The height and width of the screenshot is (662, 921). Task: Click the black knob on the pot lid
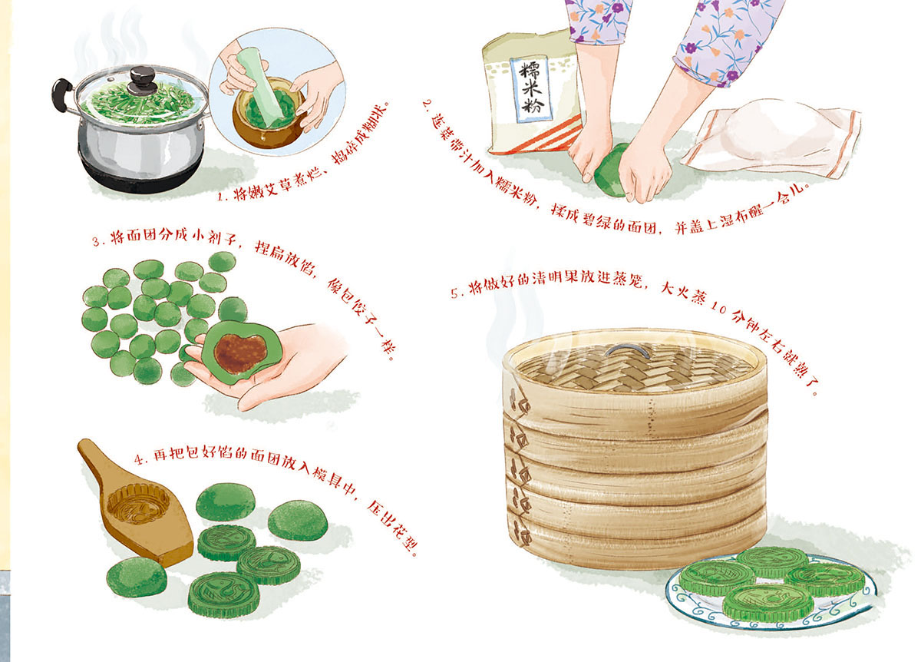coord(142,79)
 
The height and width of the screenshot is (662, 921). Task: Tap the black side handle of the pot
coord(61,94)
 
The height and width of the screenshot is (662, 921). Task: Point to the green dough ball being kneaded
coord(612,170)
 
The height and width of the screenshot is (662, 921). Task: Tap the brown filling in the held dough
coord(241,352)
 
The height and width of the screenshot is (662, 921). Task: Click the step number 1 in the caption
coord(222,197)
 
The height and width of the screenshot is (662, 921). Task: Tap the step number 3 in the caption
coord(97,240)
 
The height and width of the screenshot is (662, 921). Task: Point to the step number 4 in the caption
coord(140,459)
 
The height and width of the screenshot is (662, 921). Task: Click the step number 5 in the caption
coord(455,294)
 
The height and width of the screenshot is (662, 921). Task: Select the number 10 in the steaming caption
coord(718,308)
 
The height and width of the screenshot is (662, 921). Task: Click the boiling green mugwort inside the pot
coord(138,103)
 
